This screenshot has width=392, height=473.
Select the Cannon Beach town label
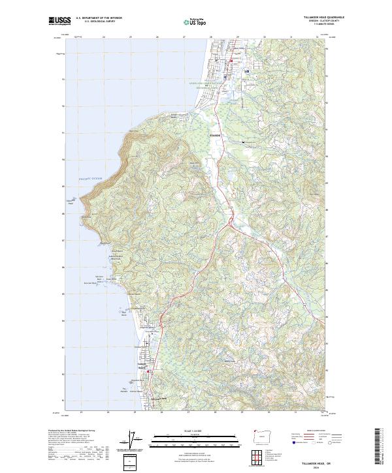click(x=145, y=366)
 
